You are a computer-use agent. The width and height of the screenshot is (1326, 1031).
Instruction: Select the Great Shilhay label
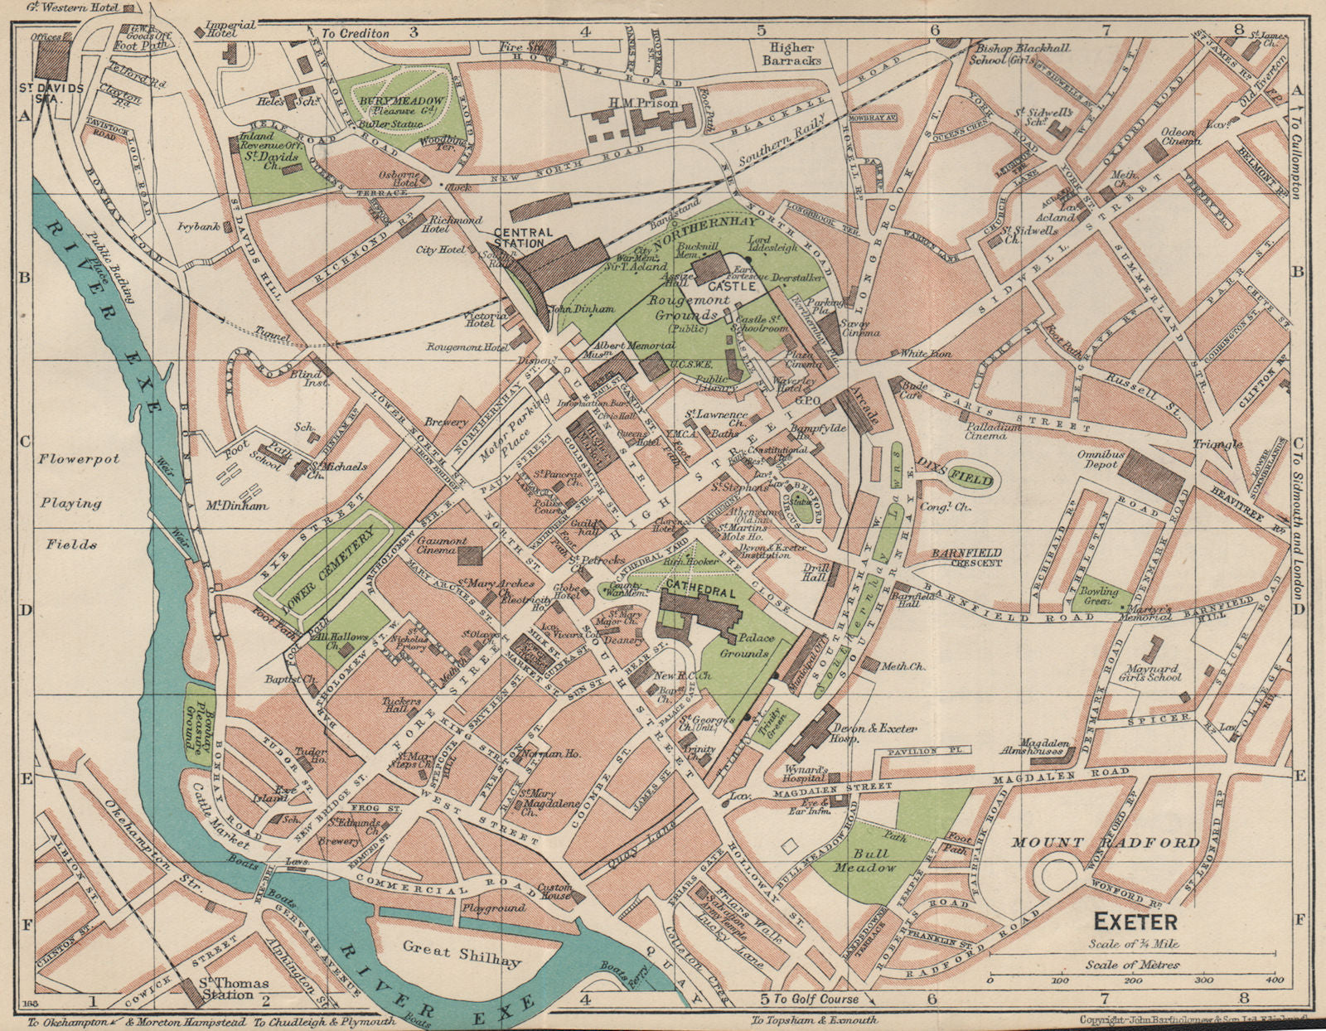[x=461, y=953]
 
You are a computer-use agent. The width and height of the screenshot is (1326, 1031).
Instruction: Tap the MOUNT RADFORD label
[x=1105, y=843]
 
